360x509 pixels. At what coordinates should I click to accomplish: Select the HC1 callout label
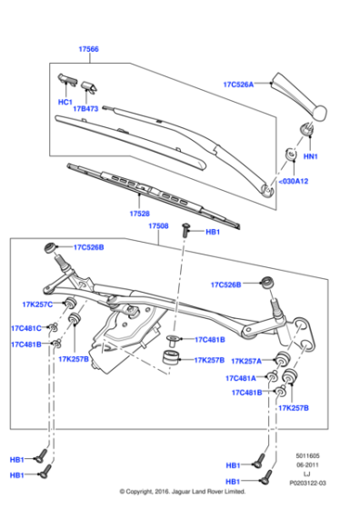pyautogui.click(x=65, y=102)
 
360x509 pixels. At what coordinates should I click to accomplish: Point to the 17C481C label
pyautogui.click(x=26, y=328)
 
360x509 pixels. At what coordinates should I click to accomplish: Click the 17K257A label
pyautogui.click(x=245, y=361)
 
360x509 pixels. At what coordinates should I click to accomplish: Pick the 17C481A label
pyautogui.click(x=243, y=378)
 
